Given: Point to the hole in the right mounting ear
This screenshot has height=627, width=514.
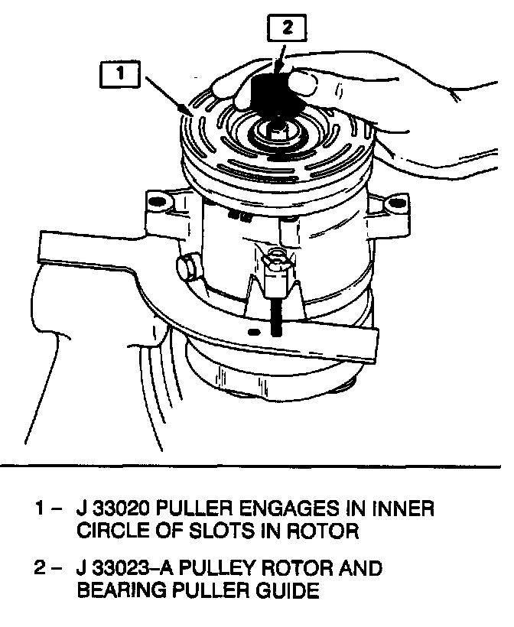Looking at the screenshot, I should (x=395, y=203).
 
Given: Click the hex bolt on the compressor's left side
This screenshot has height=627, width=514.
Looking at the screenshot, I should (x=185, y=268).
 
